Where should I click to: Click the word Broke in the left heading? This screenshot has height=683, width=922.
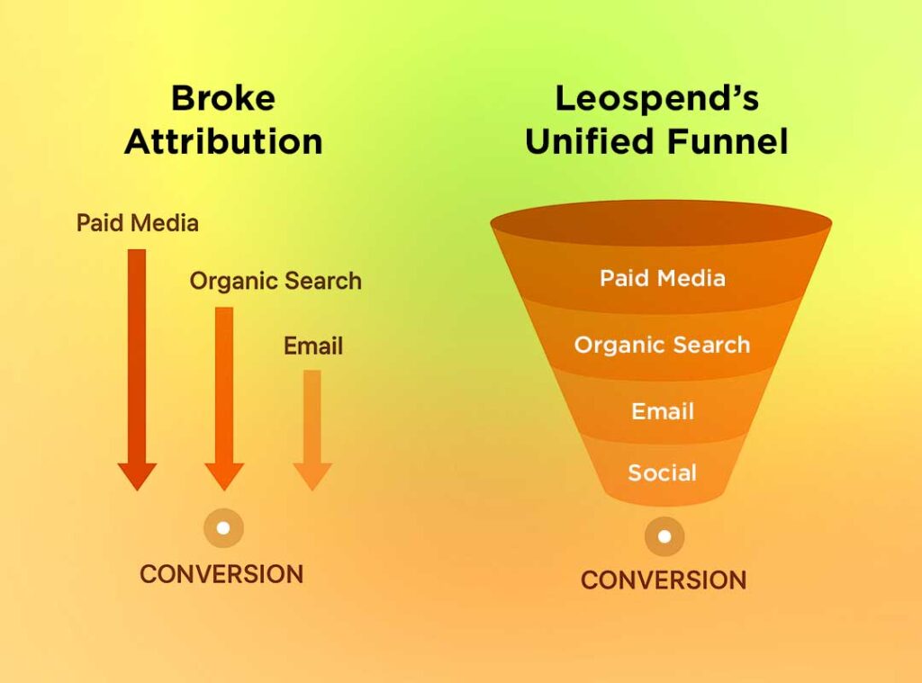pyautogui.click(x=223, y=98)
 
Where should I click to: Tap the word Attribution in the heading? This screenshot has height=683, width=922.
pyautogui.click(x=223, y=141)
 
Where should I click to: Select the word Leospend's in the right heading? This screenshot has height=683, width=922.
pyautogui.click(x=656, y=99)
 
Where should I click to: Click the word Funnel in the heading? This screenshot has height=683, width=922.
pyautogui.click(x=728, y=141)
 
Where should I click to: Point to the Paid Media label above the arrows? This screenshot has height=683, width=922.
pyautogui.click(x=138, y=223)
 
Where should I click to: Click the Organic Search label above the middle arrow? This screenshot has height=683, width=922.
pyautogui.click(x=276, y=282)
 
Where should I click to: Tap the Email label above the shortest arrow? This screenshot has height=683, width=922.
pyautogui.click(x=312, y=346)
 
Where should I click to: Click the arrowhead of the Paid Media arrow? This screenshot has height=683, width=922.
pyautogui.click(x=137, y=476)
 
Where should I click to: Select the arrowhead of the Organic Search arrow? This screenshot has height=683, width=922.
pyautogui.click(x=224, y=476)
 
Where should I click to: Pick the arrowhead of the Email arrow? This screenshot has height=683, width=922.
pyautogui.click(x=312, y=476)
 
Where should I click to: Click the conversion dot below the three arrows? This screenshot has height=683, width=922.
pyautogui.click(x=223, y=528)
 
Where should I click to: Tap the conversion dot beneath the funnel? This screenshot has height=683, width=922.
pyautogui.click(x=664, y=536)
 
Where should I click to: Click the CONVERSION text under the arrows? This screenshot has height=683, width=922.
pyautogui.click(x=221, y=574)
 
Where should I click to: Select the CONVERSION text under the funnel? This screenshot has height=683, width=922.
pyautogui.click(x=664, y=580)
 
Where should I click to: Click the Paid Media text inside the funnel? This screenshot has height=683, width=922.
pyautogui.click(x=663, y=278)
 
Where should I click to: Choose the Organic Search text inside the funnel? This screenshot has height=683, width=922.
pyautogui.click(x=662, y=345)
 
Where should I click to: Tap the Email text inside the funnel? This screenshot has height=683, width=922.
pyautogui.click(x=663, y=411)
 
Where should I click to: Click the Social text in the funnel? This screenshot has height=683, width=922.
pyautogui.click(x=662, y=472)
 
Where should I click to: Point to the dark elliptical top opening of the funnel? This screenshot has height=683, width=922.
pyautogui.click(x=661, y=223)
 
